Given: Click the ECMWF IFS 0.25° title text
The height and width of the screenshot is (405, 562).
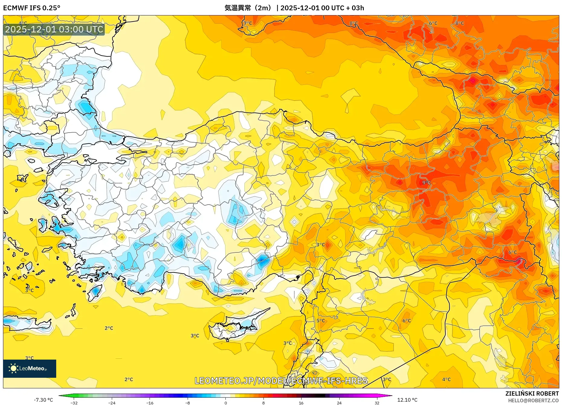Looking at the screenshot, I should [32, 8].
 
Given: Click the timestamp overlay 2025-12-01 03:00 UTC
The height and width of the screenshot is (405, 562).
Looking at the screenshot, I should [54, 29].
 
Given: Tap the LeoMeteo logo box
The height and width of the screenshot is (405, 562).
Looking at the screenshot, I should [30, 368].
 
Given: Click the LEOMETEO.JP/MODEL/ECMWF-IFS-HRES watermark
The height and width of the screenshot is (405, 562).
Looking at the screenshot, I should [281, 380].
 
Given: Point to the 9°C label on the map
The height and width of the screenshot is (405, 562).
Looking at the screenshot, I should [426, 183].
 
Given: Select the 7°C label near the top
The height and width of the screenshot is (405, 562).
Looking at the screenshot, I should [248, 23].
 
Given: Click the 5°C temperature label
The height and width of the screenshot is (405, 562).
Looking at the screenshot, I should [321, 321].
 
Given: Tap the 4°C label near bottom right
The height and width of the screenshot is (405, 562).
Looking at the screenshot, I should [446, 379].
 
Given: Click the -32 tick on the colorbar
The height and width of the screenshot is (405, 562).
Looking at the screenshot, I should [74, 403].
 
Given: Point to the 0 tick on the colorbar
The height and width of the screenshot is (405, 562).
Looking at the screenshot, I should [225, 403].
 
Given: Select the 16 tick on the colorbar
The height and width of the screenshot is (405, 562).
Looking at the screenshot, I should [301, 403].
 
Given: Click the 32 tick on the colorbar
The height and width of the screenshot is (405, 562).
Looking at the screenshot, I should [377, 403].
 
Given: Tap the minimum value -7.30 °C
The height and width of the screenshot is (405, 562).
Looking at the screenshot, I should [44, 400].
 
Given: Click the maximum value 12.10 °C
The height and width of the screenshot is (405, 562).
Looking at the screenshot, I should [407, 400].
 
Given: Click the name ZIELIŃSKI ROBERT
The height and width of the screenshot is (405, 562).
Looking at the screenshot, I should [532, 393].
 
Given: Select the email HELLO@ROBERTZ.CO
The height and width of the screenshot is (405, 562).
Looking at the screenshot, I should [533, 400].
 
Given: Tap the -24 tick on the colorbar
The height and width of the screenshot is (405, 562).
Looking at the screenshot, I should [112, 403].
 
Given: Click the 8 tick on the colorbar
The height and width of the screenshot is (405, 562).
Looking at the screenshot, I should [263, 403].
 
